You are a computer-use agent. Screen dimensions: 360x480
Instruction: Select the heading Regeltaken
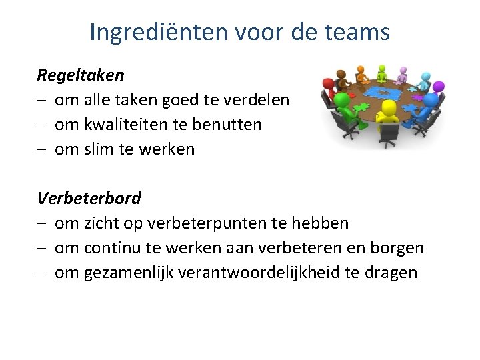pos(80,75)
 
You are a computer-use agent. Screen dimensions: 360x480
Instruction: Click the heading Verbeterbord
pos(89,198)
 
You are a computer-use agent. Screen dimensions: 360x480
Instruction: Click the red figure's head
pos(328,84)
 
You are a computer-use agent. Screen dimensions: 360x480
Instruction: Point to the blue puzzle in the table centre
pos(383,93)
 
